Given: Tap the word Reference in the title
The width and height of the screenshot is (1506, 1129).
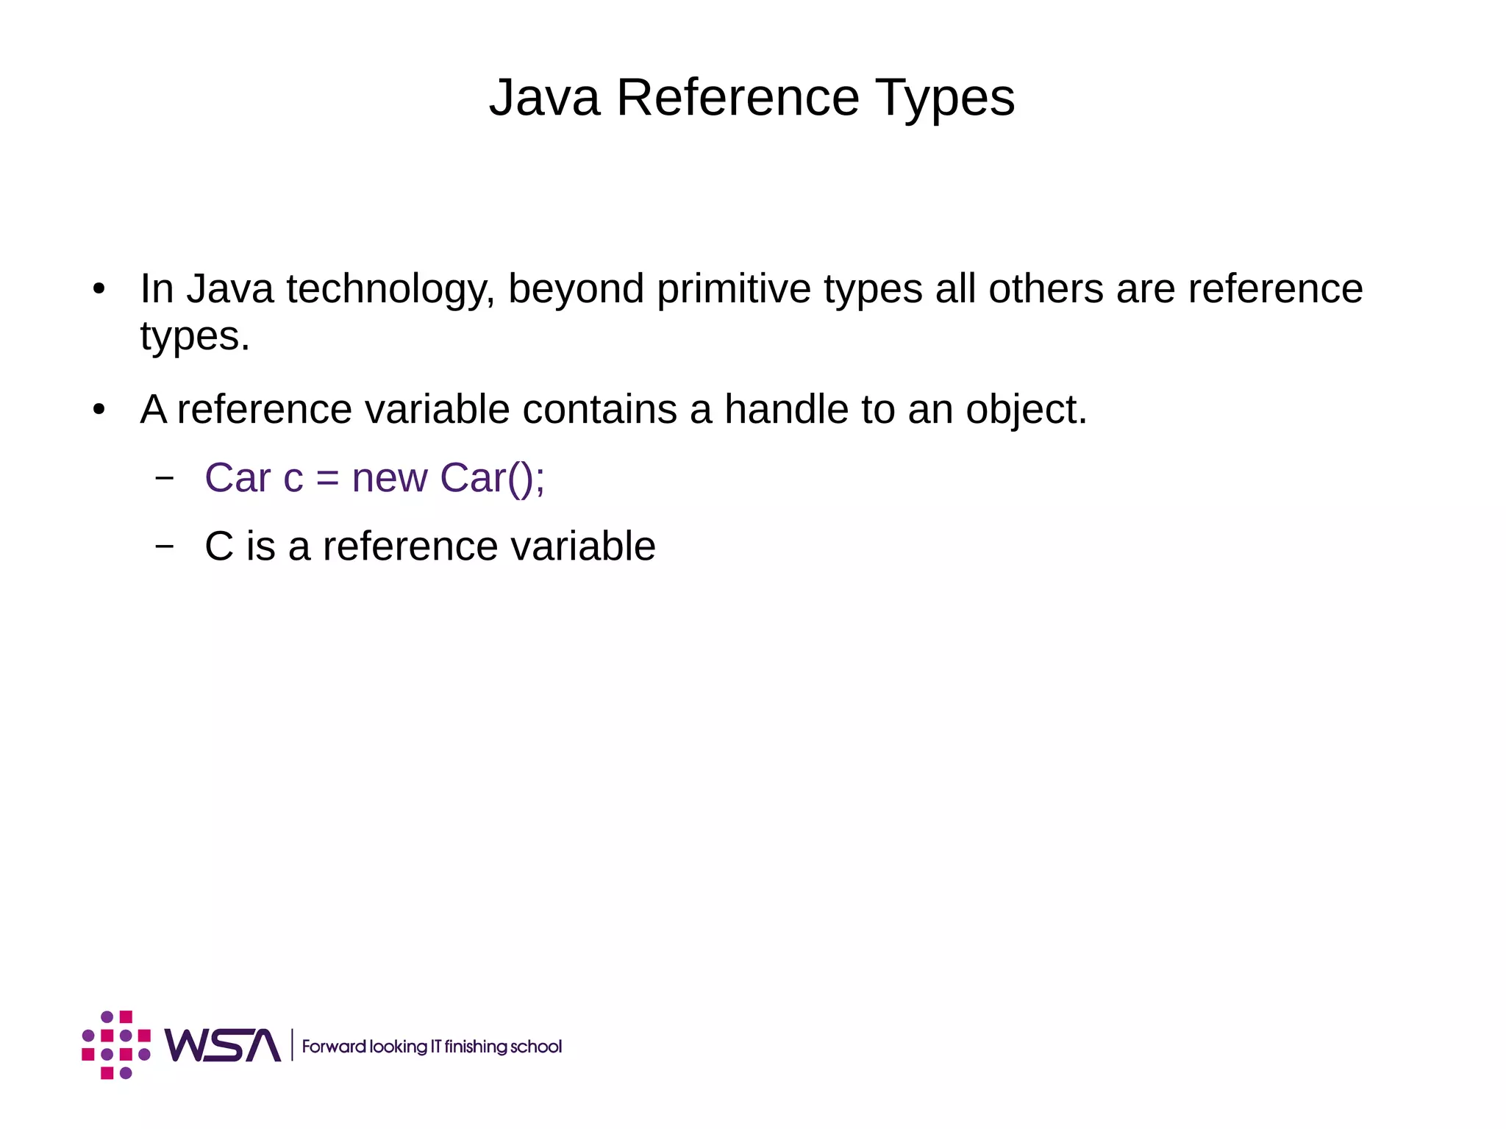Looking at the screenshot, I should coord(738,98).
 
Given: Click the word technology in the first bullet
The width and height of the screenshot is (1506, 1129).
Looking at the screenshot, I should coord(390,289).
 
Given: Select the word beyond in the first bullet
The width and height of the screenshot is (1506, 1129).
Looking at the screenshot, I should coord(576,289).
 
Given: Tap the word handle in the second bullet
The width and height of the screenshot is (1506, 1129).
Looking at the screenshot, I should coord(786,409).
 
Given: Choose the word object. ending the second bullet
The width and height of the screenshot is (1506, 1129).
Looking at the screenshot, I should coord(1026,409).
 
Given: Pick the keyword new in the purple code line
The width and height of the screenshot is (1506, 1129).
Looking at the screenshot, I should coord(390,478).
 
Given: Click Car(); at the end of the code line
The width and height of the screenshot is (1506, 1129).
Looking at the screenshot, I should coord(492,478).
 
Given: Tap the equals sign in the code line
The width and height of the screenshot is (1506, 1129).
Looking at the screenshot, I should coord(327,478).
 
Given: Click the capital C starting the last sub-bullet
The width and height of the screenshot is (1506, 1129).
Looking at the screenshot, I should coord(218,546).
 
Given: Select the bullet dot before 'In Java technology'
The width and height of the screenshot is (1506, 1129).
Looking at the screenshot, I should coord(99,289).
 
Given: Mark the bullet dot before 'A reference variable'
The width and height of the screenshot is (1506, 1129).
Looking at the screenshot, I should coord(99,410).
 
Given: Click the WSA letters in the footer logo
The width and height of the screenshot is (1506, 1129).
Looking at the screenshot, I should coord(222,1045).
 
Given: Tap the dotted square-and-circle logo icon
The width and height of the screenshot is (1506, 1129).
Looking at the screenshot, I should coord(116,1045).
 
